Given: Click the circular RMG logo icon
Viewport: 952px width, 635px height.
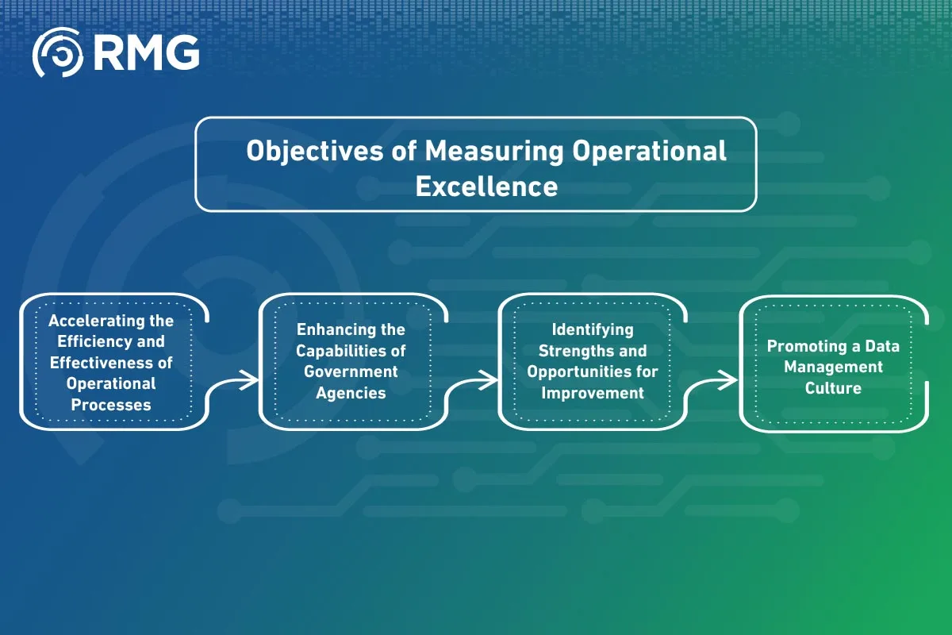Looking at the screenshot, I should click(x=58, y=53).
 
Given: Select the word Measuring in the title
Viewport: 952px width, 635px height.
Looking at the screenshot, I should click(x=495, y=151).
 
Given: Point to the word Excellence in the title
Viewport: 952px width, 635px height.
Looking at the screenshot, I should click(x=486, y=187).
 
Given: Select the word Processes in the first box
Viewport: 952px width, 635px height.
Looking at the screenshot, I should click(x=111, y=404).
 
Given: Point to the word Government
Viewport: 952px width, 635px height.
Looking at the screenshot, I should click(x=351, y=371).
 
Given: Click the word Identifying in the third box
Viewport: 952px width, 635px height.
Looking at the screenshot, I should click(x=593, y=329).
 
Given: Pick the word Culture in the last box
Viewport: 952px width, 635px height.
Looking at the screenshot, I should click(x=833, y=388).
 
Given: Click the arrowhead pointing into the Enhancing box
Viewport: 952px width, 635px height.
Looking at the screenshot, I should click(x=251, y=380).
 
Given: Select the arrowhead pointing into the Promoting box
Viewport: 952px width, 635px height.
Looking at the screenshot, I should click(x=731, y=380).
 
